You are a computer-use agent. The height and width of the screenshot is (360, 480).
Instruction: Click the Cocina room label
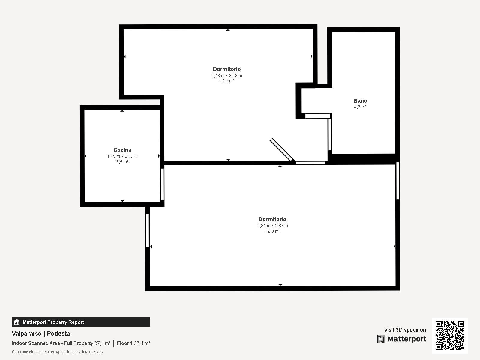[122, 150]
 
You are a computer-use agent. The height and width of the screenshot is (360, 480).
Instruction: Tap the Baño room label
[360, 101]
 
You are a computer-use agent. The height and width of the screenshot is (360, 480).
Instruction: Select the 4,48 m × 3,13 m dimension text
[226, 76]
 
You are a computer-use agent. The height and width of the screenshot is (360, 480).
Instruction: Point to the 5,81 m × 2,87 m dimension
[272, 226]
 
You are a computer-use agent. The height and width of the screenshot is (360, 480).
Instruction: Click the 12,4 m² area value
[226, 81]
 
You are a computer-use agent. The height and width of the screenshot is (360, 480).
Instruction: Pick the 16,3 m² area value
[272, 231]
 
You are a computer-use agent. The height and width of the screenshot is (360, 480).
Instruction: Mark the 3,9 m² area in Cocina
[122, 162]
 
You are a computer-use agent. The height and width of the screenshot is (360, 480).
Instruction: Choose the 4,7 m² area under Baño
[360, 107]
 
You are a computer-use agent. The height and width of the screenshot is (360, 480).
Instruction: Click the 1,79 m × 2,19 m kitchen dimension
[122, 156]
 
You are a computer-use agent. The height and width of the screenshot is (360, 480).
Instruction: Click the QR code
[450, 335]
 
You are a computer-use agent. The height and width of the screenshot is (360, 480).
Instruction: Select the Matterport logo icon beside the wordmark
[381, 339]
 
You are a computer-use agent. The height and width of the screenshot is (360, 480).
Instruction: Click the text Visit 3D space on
[405, 330]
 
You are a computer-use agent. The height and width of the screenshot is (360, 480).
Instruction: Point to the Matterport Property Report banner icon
[17, 322]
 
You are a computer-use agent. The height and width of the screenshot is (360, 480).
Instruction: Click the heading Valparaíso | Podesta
[41, 334]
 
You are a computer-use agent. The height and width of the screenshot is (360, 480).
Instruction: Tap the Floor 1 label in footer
[124, 343]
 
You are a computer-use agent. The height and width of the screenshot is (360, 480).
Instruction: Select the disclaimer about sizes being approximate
[58, 352]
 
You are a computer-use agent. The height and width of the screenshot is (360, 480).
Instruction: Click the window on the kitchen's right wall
[162, 184]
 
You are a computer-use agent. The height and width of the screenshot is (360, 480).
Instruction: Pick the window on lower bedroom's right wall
[397, 181]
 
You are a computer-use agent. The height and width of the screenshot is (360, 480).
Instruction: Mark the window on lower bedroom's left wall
[148, 231]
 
